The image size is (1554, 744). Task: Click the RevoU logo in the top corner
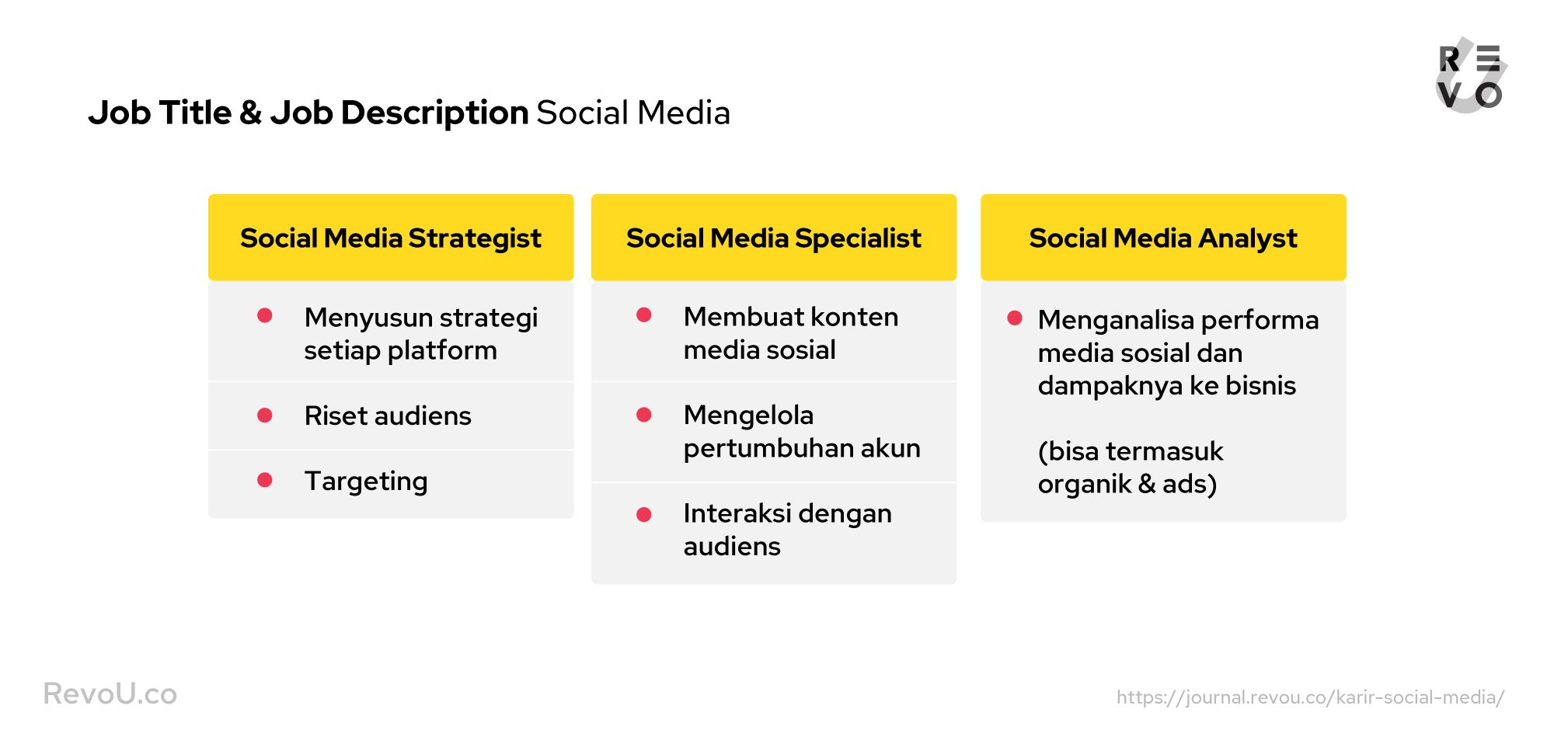tap(1471, 75)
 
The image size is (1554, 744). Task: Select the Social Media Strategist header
tap(391, 238)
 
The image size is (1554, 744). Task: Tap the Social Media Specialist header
tap(774, 238)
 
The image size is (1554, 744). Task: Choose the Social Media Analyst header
tap(1163, 238)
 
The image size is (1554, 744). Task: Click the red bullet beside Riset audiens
tap(265, 415)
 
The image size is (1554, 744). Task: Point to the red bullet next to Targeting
tap(265, 480)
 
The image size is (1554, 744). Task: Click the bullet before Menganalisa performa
tap(1015, 318)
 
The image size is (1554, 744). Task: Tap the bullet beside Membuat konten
tap(644, 315)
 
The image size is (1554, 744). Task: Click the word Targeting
tap(366, 482)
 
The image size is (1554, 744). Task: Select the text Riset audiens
tap(388, 415)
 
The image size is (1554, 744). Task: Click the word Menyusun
tap(368, 318)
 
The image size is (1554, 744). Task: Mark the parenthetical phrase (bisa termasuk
tap(1131, 451)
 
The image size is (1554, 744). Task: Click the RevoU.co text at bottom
tap(110, 694)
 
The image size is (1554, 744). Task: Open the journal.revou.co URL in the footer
tap(1310, 697)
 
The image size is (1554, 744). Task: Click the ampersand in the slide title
tap(250, 113)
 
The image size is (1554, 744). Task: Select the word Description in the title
tap(434, 113)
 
